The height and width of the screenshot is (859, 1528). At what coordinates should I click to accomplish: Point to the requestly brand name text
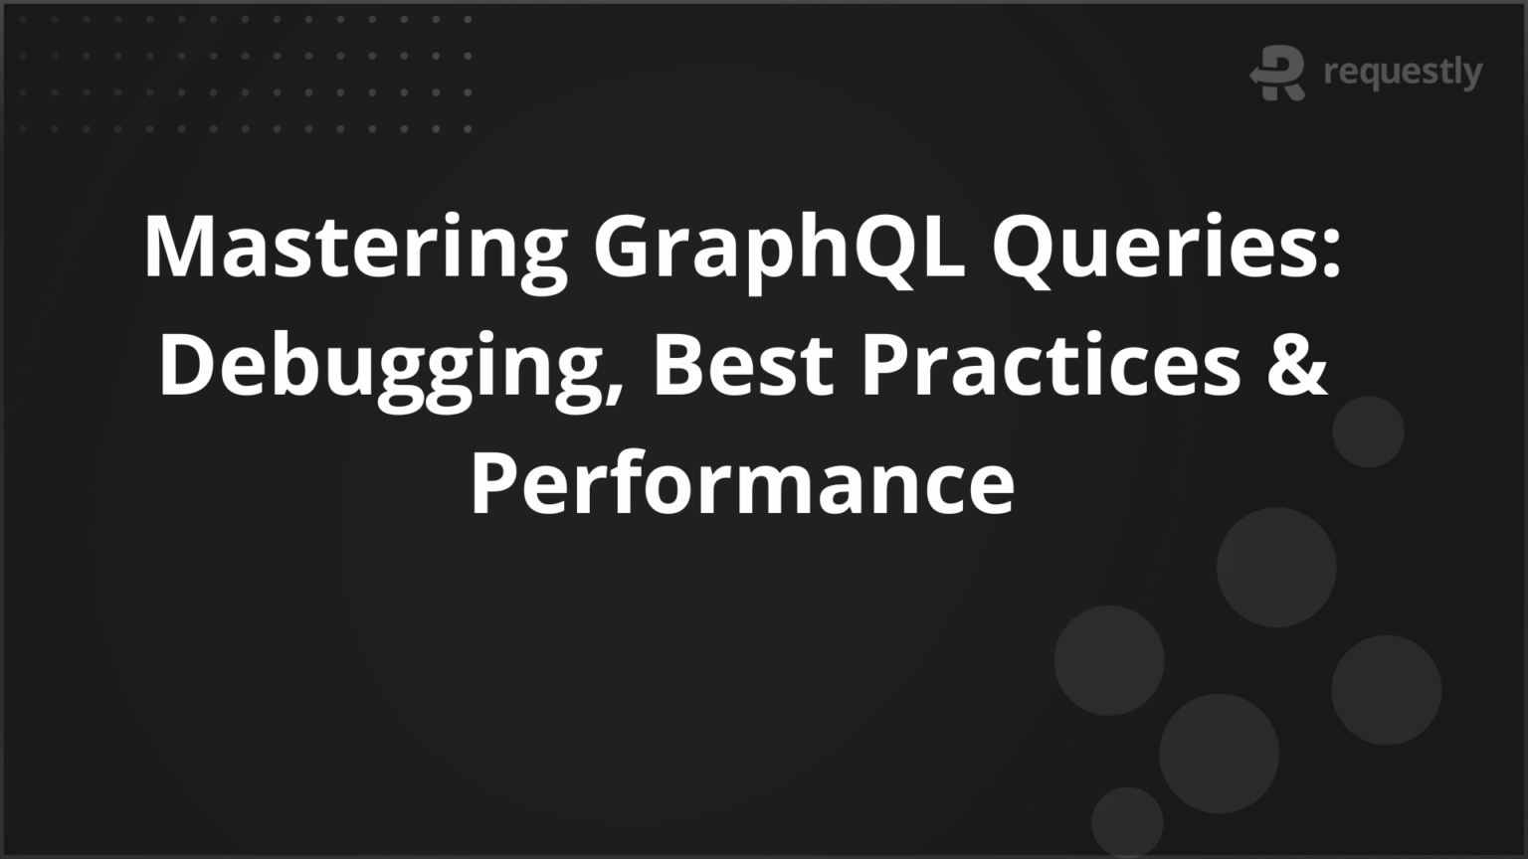point(1403,73)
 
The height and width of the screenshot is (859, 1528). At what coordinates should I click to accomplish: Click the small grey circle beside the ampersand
point(1368,431)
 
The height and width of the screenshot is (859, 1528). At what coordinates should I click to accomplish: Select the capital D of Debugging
point(186,364)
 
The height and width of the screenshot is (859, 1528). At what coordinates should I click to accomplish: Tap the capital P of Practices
point(883,364)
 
